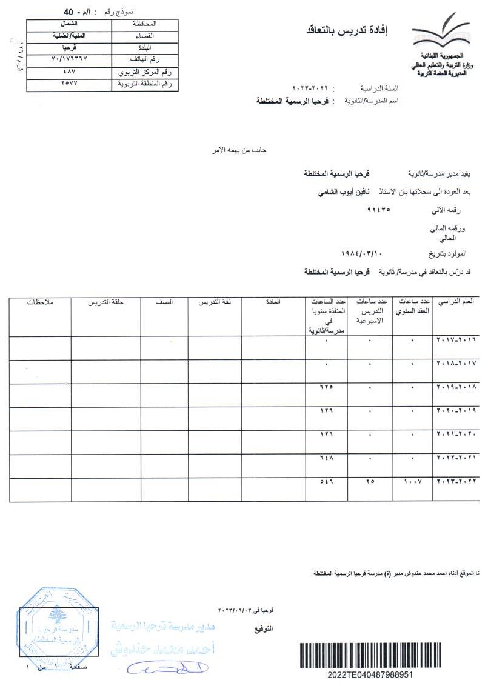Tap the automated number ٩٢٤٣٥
click(379, 210)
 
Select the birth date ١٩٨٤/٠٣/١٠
click(363, 252)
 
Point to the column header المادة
click(273, 302)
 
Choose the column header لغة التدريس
click(214, 302)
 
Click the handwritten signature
click(167, 668)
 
